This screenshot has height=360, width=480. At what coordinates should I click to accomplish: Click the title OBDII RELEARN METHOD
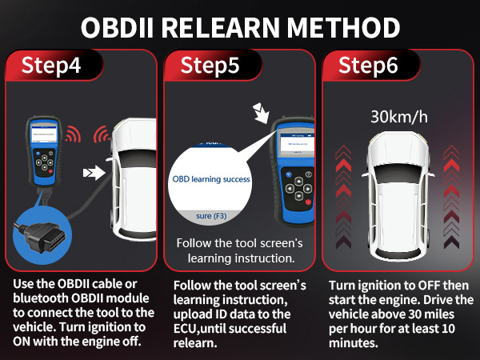point(240,27)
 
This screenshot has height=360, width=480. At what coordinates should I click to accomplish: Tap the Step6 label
point(369,66)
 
